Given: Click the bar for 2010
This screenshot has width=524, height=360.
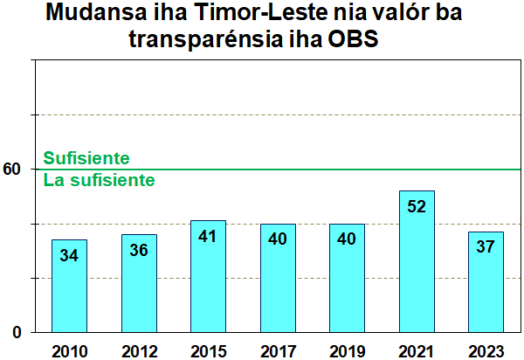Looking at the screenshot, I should click(x=69, y=286).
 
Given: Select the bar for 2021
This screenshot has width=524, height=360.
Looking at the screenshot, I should click(x=417, y=261).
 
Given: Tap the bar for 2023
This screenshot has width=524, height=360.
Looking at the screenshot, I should click(x=486, y=281).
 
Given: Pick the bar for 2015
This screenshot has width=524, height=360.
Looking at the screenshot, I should click(x=208, y=276).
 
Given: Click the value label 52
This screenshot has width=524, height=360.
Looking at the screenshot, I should click(x=417, y=206).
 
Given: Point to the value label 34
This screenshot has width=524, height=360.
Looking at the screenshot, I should click(x=69, y=255).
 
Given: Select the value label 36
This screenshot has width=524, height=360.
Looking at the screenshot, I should click(x=139, y=250).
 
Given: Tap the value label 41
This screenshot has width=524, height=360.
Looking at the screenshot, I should click(x=208, y=236).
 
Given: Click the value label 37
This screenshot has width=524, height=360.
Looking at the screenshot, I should click(x=486, y=247).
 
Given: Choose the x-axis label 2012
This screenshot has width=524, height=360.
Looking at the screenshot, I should click(x=139, y=350).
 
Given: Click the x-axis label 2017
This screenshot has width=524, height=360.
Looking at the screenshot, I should click(x=278, y=350).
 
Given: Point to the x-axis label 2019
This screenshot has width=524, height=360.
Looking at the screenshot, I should click(x=347, y=350).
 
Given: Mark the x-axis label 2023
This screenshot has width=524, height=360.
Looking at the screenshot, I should click(x=486, y=350).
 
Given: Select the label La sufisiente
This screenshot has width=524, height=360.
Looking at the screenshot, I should click(x=100, y=181).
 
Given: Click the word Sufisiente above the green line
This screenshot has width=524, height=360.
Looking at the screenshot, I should click(x=86, y=158).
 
